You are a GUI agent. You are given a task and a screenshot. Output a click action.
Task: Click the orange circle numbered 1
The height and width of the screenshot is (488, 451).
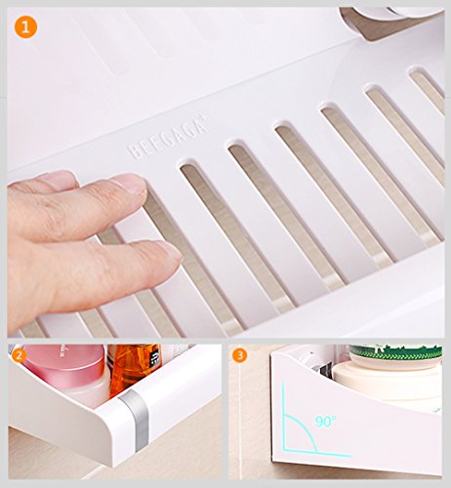tap(25, 26)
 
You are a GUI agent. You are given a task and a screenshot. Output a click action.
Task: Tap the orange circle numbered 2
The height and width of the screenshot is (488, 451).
tap(19, 355)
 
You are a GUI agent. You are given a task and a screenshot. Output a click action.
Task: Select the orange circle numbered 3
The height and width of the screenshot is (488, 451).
tap(240, 355)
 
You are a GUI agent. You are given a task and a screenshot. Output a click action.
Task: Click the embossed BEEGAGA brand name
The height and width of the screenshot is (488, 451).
tap(168, 140)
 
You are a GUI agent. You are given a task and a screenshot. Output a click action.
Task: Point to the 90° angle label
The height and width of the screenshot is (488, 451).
tap(325, 422)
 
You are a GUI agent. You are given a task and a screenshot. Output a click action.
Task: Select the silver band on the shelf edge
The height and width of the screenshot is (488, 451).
tap(135, 419)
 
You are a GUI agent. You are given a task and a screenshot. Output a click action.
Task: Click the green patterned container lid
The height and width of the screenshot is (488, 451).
tap(395, 353)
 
